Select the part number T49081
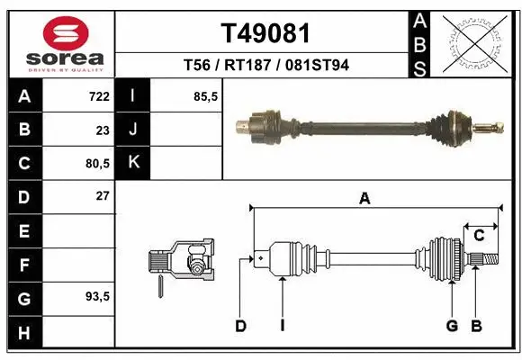[x=265, y=33]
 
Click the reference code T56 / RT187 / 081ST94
[x=265, y=65]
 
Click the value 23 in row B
[x=102, y=130]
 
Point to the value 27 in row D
[x=102, y=195]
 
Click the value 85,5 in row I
[x=206, y=96]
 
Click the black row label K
[x=133, y=163]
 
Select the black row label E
[x=23, y=230]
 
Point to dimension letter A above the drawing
[x=364, y=199]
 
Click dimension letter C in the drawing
[x=479, y=236]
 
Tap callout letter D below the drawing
[x=240, y=326]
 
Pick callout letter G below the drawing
[x=452, y=326]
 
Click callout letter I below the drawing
[x=282, y=326]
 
